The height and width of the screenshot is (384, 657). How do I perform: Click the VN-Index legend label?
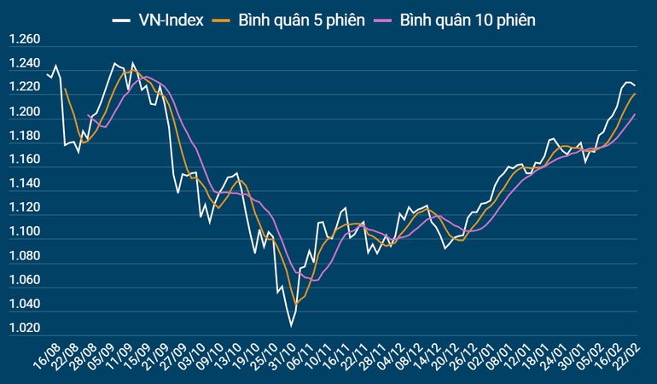point(172,19)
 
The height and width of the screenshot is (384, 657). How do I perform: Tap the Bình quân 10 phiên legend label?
point(468,19)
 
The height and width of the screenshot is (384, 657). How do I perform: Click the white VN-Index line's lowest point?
point(291,326)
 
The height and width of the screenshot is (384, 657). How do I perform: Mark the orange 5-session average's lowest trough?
point(296,304)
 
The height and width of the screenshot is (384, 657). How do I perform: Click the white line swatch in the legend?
point(120,19)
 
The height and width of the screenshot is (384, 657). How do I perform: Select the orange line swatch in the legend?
point(224,19)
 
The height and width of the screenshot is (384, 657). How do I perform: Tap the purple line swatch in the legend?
point(383,19)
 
